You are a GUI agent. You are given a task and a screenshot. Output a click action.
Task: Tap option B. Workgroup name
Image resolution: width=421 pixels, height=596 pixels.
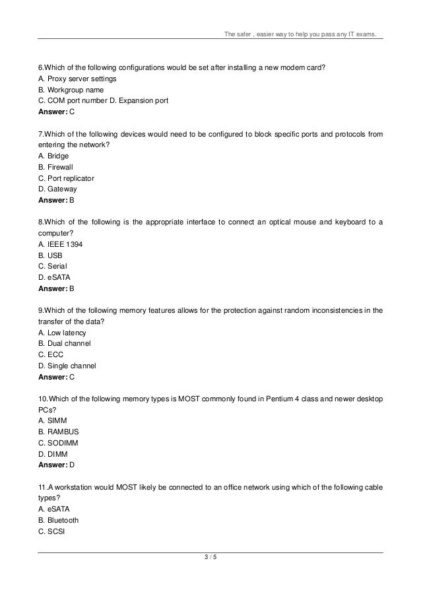click(71, 89)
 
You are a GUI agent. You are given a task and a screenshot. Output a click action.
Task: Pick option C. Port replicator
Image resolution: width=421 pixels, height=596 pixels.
click(66, 178)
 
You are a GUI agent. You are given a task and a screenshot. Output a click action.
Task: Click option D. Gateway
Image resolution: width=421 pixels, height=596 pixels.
click(59, 189)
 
